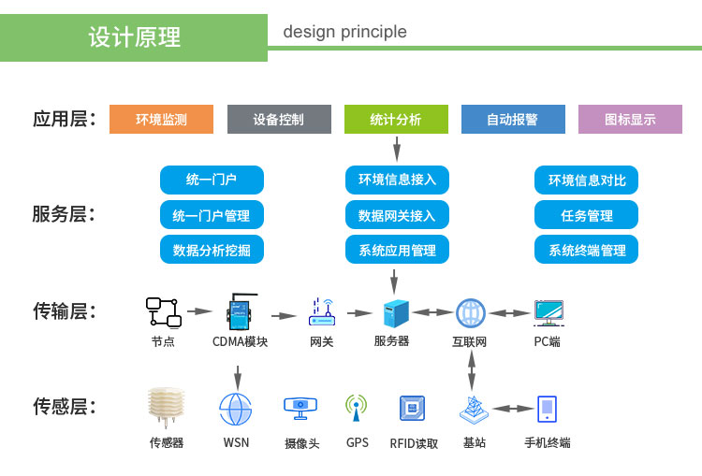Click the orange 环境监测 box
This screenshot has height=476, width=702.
pos(161,119)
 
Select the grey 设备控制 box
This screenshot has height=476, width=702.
pos(279,119)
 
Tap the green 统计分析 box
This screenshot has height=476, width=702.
pos(396,119)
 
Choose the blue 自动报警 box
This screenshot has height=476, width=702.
pos(513,119)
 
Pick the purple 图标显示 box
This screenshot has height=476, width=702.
pos(630,119)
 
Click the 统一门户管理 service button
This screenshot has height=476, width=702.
pos(212,215)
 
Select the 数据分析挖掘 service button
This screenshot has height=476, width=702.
pos(212,249)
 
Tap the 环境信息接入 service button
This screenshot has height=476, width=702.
pos(397,180)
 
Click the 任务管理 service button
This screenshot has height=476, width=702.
pos(586,215)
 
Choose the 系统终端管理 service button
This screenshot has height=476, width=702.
pos(586,249)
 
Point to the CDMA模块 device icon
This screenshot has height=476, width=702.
pos(241,311)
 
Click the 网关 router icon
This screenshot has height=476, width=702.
pos(322,312)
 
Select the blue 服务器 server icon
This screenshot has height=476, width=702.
pos(396,313)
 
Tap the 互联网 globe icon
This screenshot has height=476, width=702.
pos(471,313)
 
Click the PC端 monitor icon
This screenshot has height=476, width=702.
pos(548,313)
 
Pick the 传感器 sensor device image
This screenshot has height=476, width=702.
pos(166,407)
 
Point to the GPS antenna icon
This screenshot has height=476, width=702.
pos(357,408)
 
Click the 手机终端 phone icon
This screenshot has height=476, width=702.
pos(547,409)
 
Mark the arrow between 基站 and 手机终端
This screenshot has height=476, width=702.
pos(513,409)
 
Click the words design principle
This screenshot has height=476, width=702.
pos(344,32)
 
